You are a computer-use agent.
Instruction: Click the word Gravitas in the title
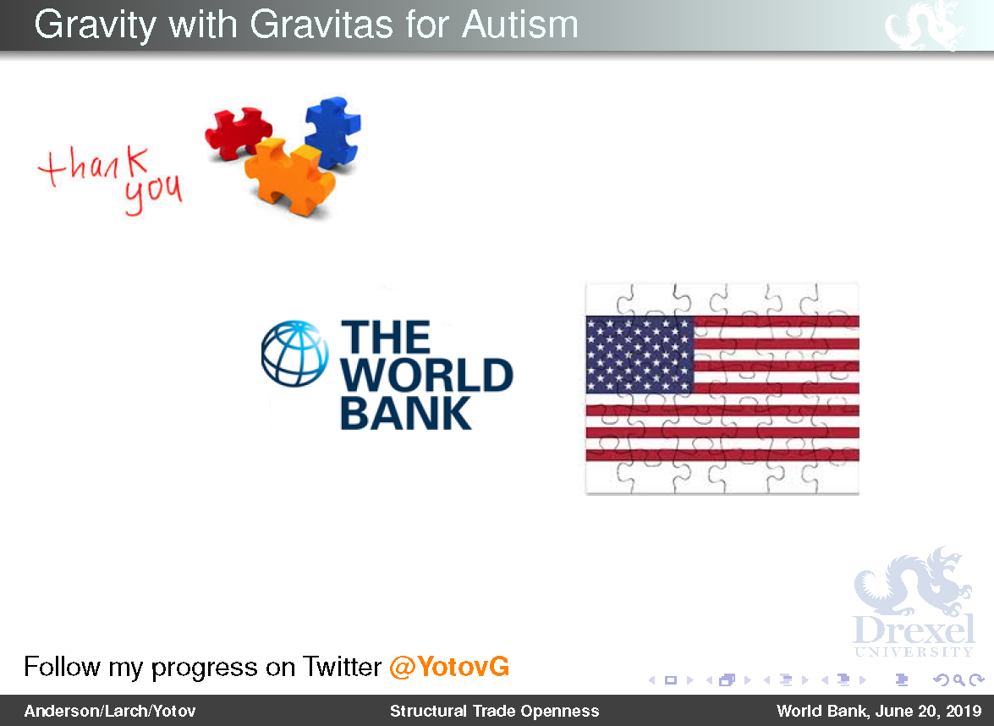click(x=322, y=25)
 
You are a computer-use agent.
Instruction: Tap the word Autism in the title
click(x=519, y=25)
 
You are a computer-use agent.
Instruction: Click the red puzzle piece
click(x=237, y=132)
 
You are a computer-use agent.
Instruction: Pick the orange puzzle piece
click(x=289, y=176)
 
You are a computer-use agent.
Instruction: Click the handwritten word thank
click(x=94, y=166)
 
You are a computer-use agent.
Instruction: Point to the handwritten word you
click(x=153, y=193)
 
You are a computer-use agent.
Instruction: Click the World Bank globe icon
click(x=294, y=353)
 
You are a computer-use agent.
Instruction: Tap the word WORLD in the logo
click(x=426, y=376)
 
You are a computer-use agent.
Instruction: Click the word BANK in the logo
click(x=406, y=414)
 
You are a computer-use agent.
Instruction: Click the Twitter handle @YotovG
click(x=449, y=667)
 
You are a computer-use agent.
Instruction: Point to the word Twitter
click(x=342, y=667)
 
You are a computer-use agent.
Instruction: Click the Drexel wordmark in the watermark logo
click(x=914, y=630)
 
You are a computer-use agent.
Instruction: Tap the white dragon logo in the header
click(x=925, y=25)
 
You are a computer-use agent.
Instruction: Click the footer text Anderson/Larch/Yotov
click(x=110, y=712)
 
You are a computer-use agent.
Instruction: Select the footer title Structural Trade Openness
click(x=495, y=712)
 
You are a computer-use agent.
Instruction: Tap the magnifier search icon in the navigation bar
click(x=959, y=680)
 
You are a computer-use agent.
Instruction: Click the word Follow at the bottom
click(x=62, y=667)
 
